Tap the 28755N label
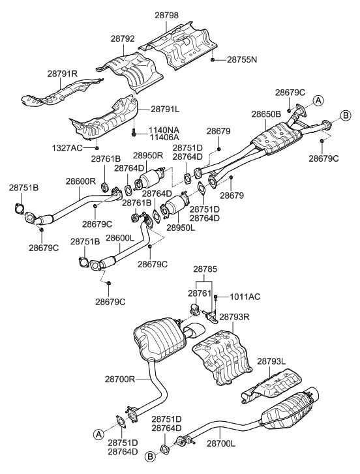click(242, 60)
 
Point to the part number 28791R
click(62, 74)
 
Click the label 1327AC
click(68, 148)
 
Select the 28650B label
click(266, 113)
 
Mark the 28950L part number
click(182, 228)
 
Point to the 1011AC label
click(245, 297)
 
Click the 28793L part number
click(273, 360)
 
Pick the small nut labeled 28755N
click(214, 59)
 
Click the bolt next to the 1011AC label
click(215, 297)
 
